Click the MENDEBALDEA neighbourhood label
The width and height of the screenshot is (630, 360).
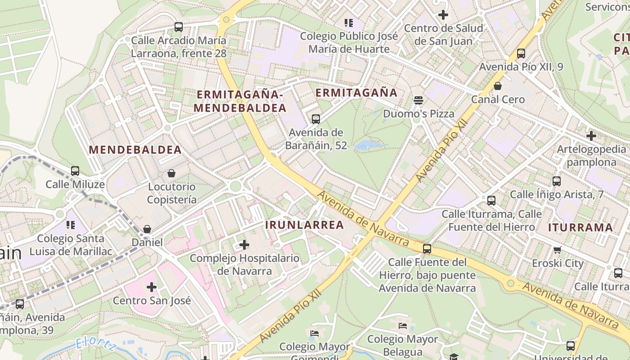pyautogui.click(x=135, y=150)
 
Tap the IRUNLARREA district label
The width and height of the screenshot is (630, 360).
pyautogui.click(x=305, y=225)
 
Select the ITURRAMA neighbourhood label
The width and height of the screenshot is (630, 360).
pyautogui.click(x=580, y=227)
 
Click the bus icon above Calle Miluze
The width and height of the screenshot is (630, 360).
pyautogui.click(x=75, y=171)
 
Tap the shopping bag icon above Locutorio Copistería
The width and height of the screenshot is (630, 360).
pyautogui.click(x=171, y=173)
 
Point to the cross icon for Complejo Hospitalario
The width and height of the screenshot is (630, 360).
pyautogui.click(x=244, y=245)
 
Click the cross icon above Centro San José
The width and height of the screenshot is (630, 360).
pyautogui.click(x=152, y=287)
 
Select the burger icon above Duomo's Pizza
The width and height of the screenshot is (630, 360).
pyautogui.click(x=418, y=100)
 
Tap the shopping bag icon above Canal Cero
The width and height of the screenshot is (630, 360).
pyautogui.click(x=498, y=85)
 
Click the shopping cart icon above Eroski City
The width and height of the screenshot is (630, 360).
pyautogui.click(x=558, y=250)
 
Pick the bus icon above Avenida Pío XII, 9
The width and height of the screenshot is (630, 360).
pyautogui.click(x=521, y=53)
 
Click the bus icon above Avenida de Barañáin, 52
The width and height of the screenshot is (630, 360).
pyautogui.click(x=316, y=119)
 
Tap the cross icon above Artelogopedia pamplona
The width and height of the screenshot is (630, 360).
pyautogui.click(x=591, y=135)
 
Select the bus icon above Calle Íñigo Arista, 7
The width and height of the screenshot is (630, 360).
pyautogui.click(x=557, y=181)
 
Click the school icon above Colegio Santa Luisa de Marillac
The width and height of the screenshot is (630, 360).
pyautogui.click(x=70, y=225)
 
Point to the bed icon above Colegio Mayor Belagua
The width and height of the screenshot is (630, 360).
pyautogui.click(x=403, y=325)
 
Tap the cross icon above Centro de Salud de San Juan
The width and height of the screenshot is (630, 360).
pyautogui.click(x=443, y=15)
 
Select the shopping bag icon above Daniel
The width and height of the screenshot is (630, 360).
pyautogui.click(x=147, y=229)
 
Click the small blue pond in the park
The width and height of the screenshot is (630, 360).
pyautogui.click(x=368, y=145)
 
